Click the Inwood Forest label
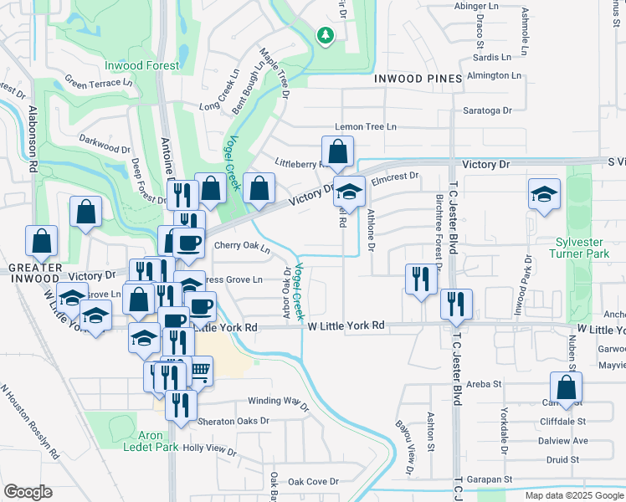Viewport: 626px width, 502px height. pyautogui.click(x=141, y=65)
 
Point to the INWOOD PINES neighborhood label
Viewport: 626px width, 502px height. pyautogui.click(x=418, y=79)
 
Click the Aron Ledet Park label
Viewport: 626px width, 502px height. pyautogui.click(x=151, y=442)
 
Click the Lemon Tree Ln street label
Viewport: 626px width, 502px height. pyautogui.click(x=365, y=126)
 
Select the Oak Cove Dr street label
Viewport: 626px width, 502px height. pyautogui.click(x=313, y=482)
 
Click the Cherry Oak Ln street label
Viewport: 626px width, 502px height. pyautogui.click(x=242, y=248)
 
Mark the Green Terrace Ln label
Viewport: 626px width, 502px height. pyautogui.click(x=99, y=83)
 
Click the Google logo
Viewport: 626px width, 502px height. pyautogui.click(x=28, y=492)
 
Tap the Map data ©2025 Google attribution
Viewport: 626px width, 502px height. pyautogui.click(x=573, y=495)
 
